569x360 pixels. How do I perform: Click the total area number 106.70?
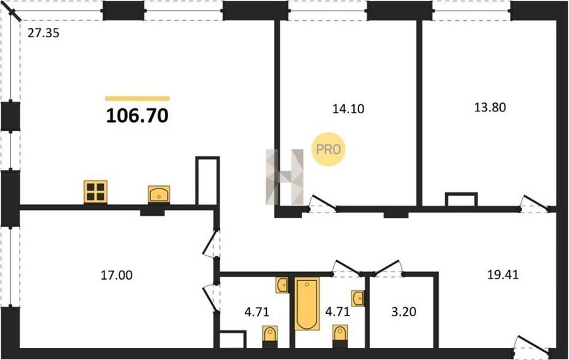(137, 116)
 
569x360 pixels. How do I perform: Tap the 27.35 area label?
(43, 34)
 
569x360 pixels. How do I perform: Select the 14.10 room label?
(348, 109)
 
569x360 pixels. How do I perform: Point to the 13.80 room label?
(490, 108)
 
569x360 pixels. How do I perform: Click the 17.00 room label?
(116, 275)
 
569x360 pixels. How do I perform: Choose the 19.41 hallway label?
(503, 275)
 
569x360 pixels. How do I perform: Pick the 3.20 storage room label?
(404, 312)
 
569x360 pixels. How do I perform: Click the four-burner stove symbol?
(95, 192)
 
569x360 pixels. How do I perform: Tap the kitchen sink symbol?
(159, 194)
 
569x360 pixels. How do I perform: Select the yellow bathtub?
(307, 304)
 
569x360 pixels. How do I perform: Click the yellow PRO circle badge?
(328, 149)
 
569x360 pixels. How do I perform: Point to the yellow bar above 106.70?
(138, 98)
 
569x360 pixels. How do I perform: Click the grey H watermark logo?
(285, 177)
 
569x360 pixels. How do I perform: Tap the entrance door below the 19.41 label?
(532, 344)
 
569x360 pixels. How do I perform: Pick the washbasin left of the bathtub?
(283, 285)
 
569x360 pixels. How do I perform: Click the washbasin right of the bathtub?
(358, 298)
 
